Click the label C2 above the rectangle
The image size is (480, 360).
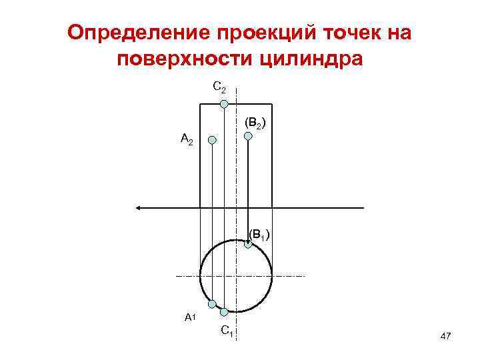(219, 87)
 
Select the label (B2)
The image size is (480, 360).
(256, 123)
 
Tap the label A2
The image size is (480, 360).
(187, 139)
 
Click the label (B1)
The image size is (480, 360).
(259, 234)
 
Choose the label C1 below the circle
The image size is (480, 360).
(227, 329)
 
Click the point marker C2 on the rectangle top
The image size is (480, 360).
(225, 104)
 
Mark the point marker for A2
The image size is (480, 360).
(212, 140)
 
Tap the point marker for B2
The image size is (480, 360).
(248, 136)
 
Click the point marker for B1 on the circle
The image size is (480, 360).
(248, 245)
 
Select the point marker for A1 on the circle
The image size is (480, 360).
(212, 304)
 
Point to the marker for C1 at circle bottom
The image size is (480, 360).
(224, 311)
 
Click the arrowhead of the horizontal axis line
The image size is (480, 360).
(139, 208)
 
